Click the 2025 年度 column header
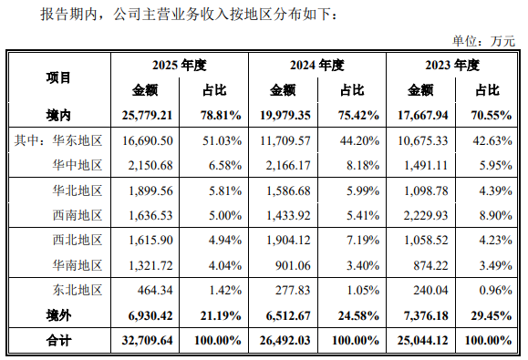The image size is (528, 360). tap(179, 65)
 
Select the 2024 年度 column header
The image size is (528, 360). tap(316, 65)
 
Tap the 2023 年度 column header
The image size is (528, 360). tap(452, 65)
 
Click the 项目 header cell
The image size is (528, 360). tap(58, 77)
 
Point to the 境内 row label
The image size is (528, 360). tap(58, 116)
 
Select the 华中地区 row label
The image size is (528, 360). tap(78, 165)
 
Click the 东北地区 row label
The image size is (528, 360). tap(78, 290)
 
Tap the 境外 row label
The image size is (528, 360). tap(58, 315)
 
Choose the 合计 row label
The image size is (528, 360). tap(58, 341)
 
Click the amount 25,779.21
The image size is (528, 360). tap(147, 116)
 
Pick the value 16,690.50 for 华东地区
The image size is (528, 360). tap(148, 140)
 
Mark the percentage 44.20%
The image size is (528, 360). tap(359, 140)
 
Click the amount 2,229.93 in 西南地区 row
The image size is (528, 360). tap(426, 215)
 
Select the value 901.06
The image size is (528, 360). tap(293, 265)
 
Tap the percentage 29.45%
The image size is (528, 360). tap(492, 315)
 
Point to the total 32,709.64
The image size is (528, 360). tap(147, 341)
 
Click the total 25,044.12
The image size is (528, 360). tap(422, 341)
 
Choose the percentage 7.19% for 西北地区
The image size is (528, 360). tap(363, 241)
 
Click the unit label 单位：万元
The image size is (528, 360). tap(483, 41)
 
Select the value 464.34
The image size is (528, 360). tap(155, 290)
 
